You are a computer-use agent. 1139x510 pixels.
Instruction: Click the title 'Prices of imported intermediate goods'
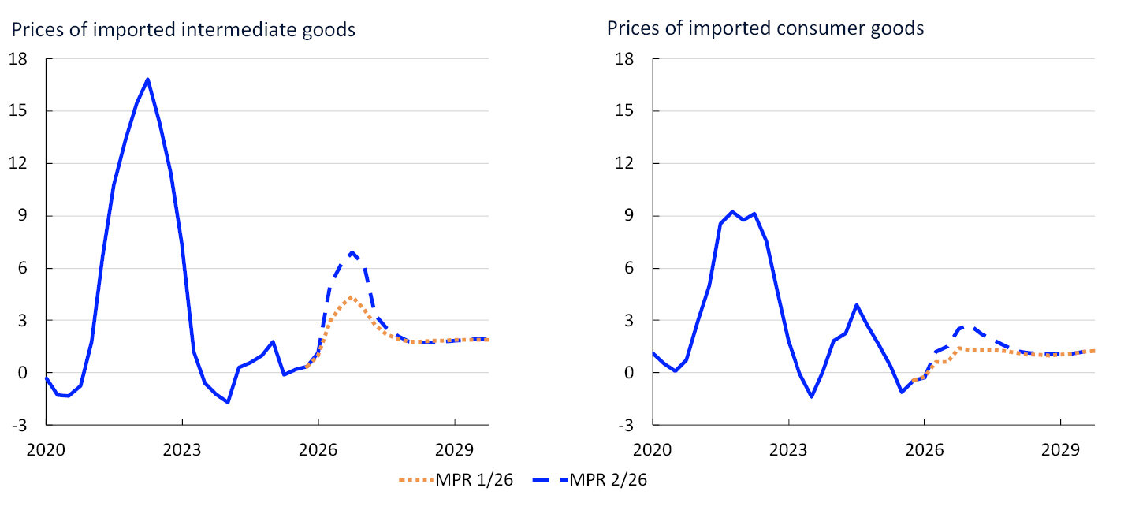click(183, 30)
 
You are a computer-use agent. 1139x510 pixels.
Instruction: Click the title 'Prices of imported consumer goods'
click(765, 28)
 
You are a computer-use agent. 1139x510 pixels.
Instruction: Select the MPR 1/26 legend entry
click(456, 479)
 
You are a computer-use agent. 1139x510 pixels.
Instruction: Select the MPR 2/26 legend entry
click(590, 479)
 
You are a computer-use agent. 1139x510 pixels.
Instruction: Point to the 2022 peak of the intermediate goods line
click(147, 80)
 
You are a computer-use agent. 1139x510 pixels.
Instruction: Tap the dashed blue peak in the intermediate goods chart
click(352, 252)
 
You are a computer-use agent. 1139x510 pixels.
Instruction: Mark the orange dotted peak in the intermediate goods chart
click(351, 297)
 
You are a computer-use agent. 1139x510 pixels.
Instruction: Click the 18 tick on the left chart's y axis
click(18, 59)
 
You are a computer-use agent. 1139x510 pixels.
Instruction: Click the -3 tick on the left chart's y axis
click(20, 425)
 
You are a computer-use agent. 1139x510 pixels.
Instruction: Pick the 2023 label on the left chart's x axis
click(182, 450)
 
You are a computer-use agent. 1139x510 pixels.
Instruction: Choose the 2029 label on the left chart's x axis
click(455, 450)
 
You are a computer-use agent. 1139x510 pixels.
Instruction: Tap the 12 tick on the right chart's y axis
click(625, 163)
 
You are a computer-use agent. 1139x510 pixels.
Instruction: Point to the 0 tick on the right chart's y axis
click(630, 373)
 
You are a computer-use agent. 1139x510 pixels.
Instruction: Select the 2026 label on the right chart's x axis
click(925, 450)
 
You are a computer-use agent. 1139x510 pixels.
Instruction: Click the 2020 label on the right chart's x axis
click(653, 450)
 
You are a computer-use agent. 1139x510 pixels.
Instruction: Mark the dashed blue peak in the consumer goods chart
click(970, 326)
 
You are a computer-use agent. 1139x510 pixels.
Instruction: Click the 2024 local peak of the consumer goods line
click(857, 305)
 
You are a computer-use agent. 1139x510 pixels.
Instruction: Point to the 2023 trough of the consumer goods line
click(812, 396)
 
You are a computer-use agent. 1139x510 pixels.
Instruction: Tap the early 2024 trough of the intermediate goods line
click(228, 402)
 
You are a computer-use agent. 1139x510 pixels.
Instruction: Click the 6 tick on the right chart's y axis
click(630, 268)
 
